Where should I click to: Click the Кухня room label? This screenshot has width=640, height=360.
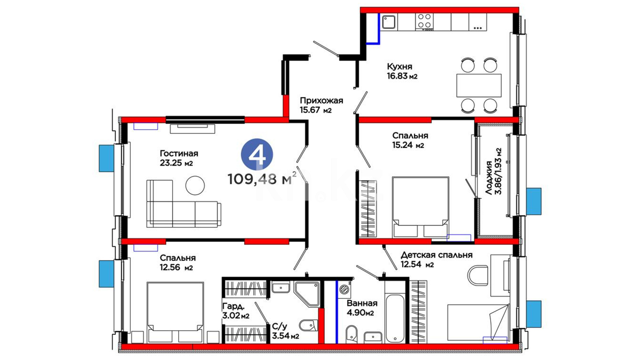pos(399,67)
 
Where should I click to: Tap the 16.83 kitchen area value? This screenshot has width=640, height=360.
pos(397,76)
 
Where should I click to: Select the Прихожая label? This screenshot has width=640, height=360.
pos(321,100)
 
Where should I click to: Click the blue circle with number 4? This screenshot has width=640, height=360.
pos(257,155)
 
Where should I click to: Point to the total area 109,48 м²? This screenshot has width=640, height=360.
pos(262,179)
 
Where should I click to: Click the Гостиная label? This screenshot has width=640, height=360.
pos(179,154)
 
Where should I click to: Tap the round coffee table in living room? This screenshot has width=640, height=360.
pos(195,185)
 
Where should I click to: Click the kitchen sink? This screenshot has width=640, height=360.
pos(389,22)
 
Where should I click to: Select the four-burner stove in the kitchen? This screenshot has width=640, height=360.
pos(424,22)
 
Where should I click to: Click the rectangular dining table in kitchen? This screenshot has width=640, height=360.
pos(479,86)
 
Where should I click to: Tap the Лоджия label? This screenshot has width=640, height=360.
pos(489,178)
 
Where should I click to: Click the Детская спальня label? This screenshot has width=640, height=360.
pos(436,255)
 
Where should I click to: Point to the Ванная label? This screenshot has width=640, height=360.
pos(362,303)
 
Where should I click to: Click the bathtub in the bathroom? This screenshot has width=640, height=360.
pos(395,318)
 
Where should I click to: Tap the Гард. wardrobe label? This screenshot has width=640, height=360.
pos(233,306)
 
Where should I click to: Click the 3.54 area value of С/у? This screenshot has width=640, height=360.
pos(281,336)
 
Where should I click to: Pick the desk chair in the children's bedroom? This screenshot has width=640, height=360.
pos(478,275)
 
